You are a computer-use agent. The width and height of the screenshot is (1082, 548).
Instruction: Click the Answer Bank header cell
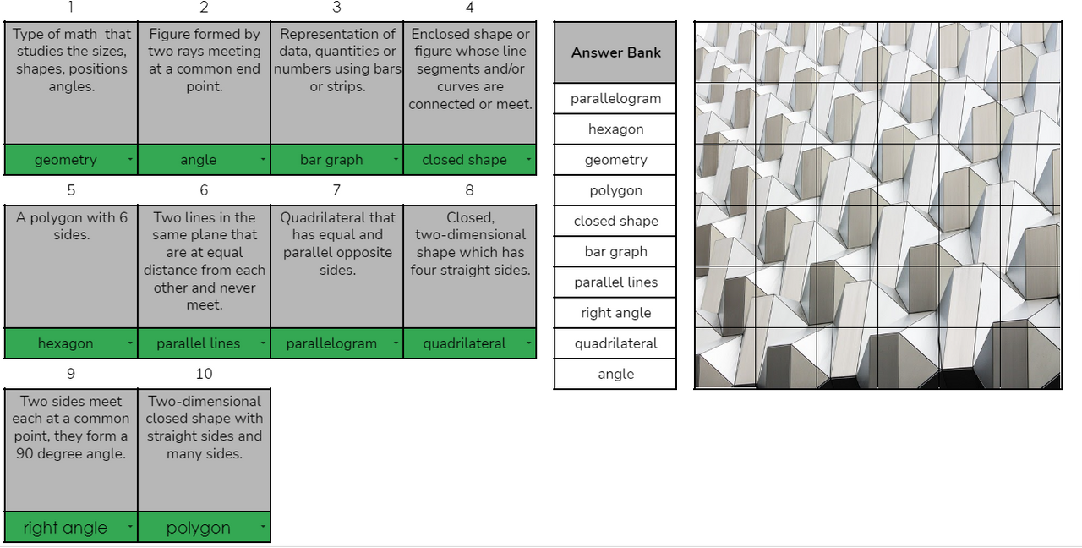tap(615, 52)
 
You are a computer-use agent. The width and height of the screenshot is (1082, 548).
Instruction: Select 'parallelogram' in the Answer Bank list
tap(615, 99)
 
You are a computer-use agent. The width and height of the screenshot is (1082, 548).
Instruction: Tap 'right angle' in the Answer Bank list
tap(615, 313)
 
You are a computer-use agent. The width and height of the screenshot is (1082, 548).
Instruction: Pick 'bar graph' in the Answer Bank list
tap(615, 252)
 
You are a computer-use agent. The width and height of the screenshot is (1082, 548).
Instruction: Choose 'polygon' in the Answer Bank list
tap(615, 191)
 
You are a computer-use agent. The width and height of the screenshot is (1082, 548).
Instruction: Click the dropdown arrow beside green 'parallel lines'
tap(263, 343)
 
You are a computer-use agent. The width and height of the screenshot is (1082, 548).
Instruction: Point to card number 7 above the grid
tap(336, 190)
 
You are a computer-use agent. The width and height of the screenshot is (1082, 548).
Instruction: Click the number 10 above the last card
tap(204, 374)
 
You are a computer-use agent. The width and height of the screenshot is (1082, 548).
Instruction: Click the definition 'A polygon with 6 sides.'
tap(71, 226)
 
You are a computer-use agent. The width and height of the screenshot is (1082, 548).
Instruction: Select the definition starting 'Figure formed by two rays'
tap(204, 60)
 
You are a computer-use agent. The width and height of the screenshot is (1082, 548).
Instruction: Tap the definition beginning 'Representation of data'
tap(337, 60)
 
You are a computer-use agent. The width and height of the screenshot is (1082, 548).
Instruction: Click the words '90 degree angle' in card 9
tap(70, 454)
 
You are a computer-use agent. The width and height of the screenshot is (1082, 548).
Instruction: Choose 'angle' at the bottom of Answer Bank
tap(615, 375)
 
